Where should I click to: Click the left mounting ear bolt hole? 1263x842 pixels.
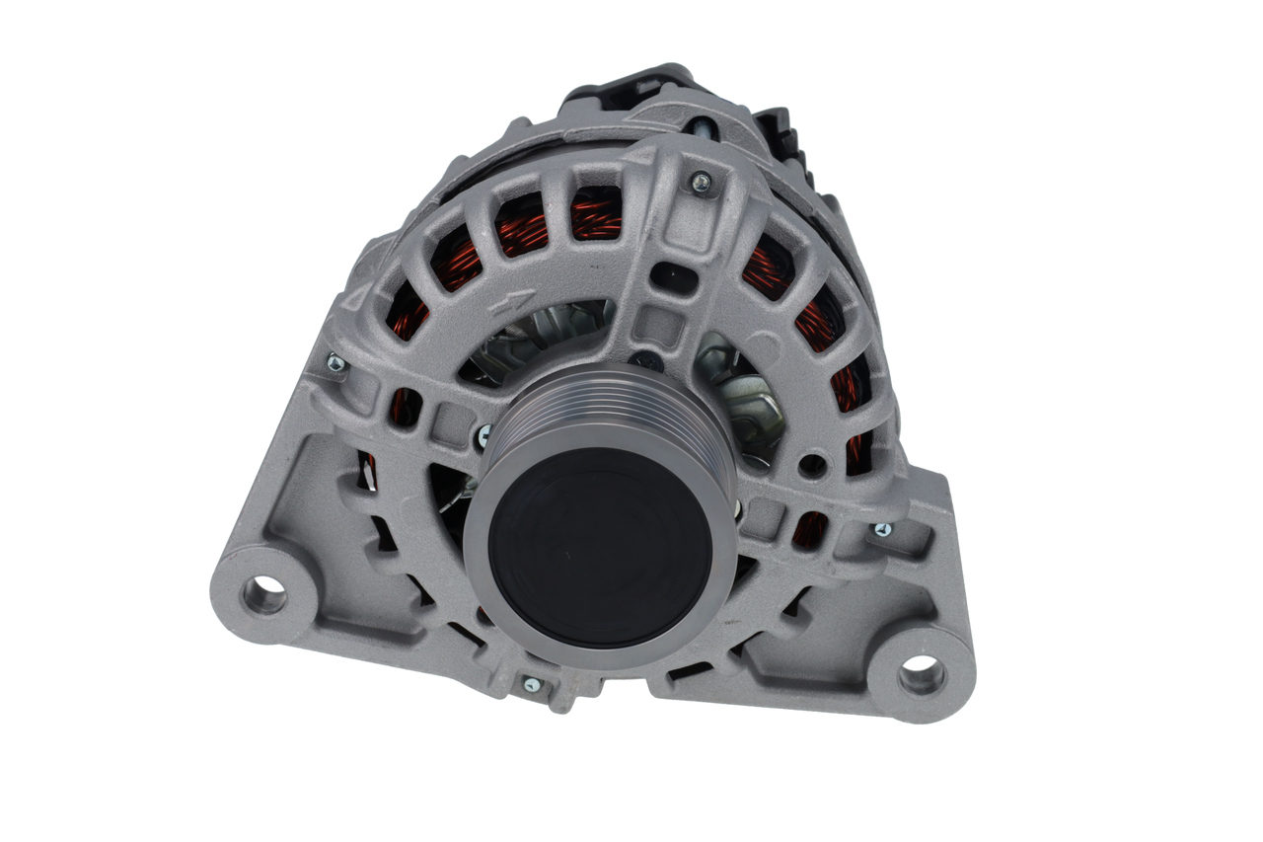[x=265, y=594]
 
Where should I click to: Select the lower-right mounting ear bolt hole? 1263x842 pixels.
[x=921, y=675]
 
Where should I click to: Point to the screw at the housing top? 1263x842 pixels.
[x=701, y=181]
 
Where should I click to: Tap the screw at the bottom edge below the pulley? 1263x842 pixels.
[x=531, y=683]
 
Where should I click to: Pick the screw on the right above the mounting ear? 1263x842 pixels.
[x=881, y=530]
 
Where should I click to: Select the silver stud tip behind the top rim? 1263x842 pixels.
[x=702, y=127]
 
